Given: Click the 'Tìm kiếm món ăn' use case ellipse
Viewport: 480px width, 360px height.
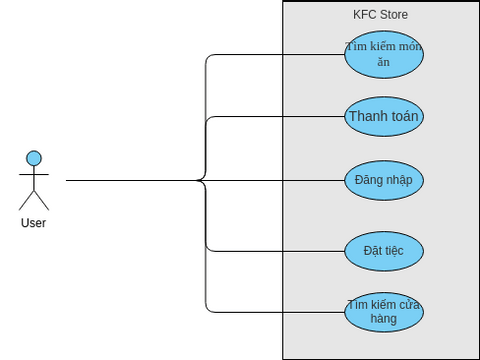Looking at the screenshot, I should pos(383,54).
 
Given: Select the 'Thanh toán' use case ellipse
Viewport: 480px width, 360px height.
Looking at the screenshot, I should pos(383,117).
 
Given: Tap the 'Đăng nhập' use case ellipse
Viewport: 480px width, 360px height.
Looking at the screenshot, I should pos(383,181).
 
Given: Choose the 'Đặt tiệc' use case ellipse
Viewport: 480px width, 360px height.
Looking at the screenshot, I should pos(383,251).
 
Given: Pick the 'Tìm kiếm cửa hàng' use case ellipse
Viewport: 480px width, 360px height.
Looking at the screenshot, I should pos(383,312).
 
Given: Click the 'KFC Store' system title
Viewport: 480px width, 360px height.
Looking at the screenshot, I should pos(380,15).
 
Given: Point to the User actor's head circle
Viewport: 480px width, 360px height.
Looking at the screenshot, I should pos(34,158).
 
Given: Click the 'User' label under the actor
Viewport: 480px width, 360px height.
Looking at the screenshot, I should pos(33,223).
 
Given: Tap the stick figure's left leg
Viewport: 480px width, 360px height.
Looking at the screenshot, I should pos(26,199).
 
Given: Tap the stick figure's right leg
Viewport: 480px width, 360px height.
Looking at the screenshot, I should pos(41,199).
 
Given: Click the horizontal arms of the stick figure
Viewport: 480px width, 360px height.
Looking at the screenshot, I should pos(34,175).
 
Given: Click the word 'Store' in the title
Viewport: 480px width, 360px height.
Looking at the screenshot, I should pos(393,15).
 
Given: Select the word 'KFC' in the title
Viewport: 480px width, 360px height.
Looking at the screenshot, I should pos(364,15).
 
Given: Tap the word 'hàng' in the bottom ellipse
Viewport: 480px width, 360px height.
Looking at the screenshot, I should pos(383,319).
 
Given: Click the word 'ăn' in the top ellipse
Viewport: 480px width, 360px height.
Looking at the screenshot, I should pos(383,62).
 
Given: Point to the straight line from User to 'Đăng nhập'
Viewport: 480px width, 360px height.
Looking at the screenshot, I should pos(130,181).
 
